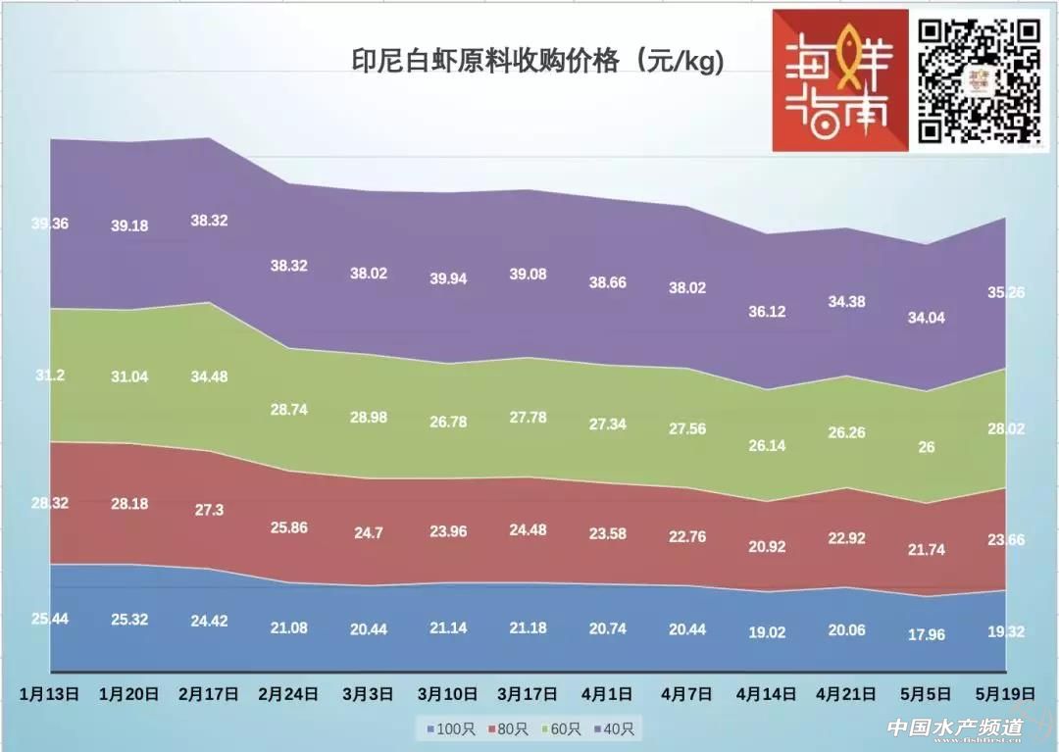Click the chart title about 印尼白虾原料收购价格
[537, 62]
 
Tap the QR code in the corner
[978, 80]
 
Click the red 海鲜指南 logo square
[840, 80]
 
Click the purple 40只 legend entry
[615, 729]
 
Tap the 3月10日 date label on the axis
[448, 693]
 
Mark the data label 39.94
[448, 278]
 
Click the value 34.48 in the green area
[209, 376]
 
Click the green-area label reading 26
[927, 447]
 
